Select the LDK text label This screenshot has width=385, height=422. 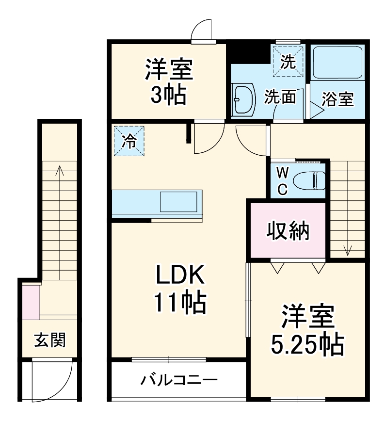coord(180,276)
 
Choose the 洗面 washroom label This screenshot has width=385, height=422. coord(279,97)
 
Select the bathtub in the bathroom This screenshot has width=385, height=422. coord(338,63)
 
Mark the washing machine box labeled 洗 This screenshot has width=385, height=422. coord(288,62)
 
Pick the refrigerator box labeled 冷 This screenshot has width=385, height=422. coord(129,141)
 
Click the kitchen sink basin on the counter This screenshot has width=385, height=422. coord(179,202)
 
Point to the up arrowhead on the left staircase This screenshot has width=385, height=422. coord(60,170)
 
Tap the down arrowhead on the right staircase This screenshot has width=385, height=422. coord(347,251)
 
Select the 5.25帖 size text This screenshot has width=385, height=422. coord(306,344)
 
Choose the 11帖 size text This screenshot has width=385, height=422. coord(180,303)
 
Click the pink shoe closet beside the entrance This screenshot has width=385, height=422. coord(30,303)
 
